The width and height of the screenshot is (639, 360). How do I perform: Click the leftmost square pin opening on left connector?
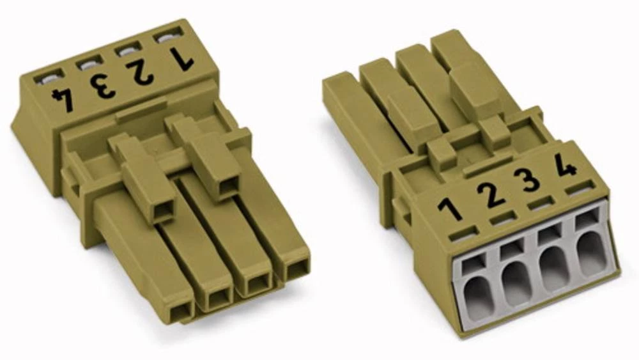tap(181, 311)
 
